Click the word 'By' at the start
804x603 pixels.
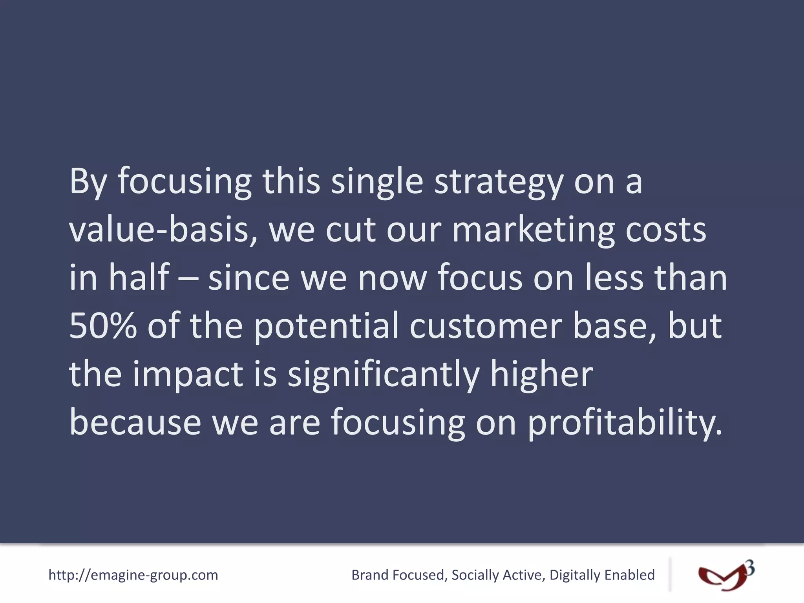tap(88, 182)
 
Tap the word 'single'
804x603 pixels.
tap(377, 182)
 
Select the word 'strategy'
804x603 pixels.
tap(499, 182)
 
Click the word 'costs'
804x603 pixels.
tap(665, 230)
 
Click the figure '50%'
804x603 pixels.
tap(103, 326)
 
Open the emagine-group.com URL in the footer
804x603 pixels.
tap(133, 575)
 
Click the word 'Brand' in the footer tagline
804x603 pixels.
tap(369, 575)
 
